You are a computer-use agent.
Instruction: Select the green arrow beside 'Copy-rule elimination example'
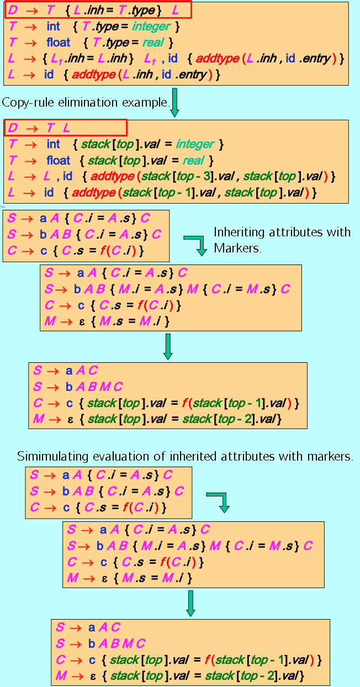[175, 102]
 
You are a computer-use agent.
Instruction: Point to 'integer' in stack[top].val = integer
[194, 145]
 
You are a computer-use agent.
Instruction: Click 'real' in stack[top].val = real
[193, 161]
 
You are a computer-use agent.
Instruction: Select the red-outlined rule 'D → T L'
[66, 128]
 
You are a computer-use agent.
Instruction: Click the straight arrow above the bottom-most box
[190, 603]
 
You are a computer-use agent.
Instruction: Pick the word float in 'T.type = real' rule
[59, 43]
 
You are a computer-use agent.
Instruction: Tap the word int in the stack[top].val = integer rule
[54, 145]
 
